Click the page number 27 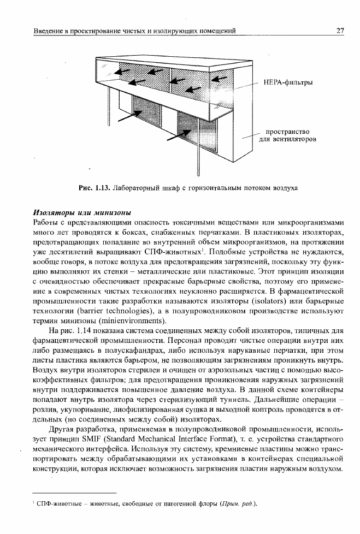coord(340,31)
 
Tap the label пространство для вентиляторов coord(287,135)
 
